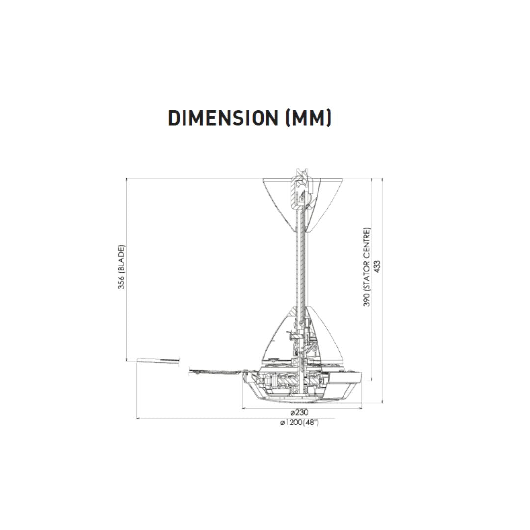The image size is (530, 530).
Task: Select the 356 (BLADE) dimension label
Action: tap(121, 267)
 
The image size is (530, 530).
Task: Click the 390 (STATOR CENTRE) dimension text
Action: tap(367, 267)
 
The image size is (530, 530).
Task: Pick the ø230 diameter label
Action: tap(299, 413)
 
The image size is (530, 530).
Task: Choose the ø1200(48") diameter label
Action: tap(299, 423)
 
